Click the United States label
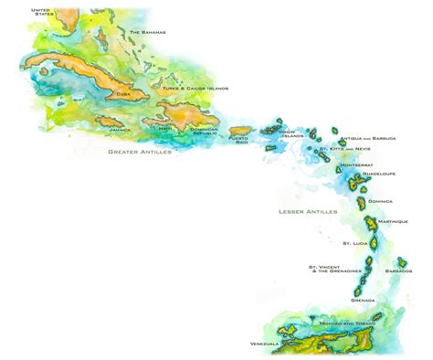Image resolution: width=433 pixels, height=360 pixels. click(42, 12)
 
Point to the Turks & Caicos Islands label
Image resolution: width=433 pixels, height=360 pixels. click(195, 89)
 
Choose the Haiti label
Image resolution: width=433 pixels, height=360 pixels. click(165, 128)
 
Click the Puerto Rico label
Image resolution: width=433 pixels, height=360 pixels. click(238, 140)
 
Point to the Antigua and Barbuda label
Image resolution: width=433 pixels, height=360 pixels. click(367, 138)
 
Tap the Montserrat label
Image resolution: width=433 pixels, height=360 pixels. click(356, 165)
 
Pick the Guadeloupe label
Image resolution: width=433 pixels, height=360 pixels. click(377, 173)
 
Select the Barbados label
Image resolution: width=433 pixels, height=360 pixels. click(398, 270)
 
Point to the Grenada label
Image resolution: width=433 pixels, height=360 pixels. click(363, 299)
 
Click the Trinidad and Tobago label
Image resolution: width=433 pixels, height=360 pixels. click(347, 323)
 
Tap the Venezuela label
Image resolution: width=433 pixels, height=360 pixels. click(264, 344)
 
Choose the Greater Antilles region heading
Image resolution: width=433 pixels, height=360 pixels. click(139, 152)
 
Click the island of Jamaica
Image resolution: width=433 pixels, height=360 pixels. click(111, 122)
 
